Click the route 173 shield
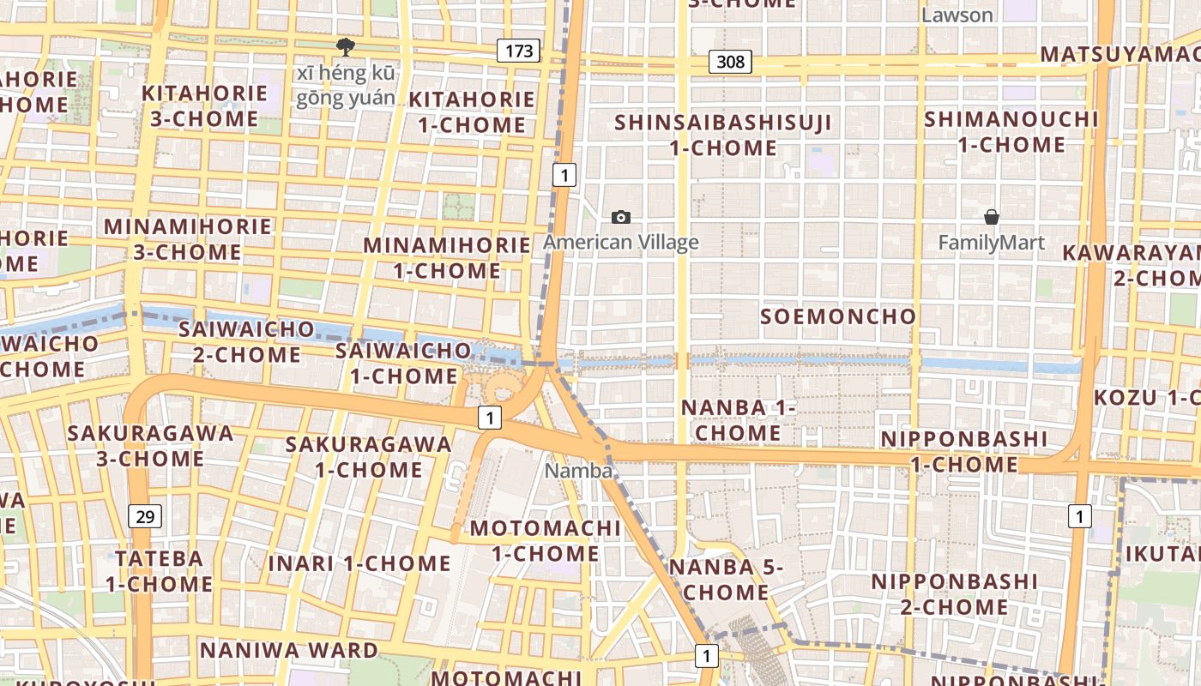point(518,51)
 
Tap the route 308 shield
point(731,62)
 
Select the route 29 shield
point(146,515)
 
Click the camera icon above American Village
point(620,218)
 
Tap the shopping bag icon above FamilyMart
point(992,217)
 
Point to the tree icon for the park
point(346,46)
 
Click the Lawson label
point(957,15)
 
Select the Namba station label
point(579,471)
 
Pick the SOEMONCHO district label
point(838,316)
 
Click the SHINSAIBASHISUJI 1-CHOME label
point(723,135)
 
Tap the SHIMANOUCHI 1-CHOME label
point(1011,131)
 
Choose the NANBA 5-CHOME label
point(726,580)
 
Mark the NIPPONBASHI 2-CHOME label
point(954,593)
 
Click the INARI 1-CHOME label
point(359,563)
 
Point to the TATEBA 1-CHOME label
point(160,571)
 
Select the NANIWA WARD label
point(288,650)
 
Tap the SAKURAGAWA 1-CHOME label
point(368,456)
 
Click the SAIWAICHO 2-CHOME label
point(246,341)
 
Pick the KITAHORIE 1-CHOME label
point(472,111)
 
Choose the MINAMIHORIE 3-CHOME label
point(187,239)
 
